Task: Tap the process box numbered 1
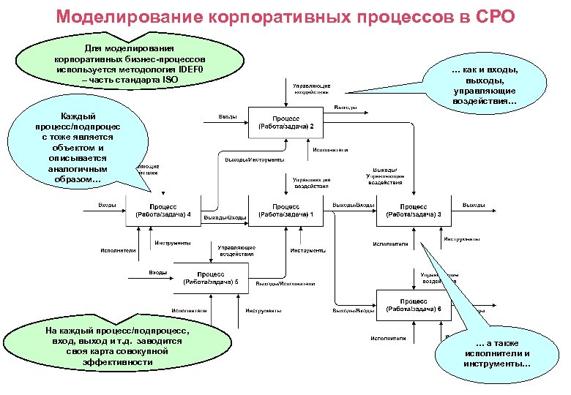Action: pyautogui.click(x=286, y=211)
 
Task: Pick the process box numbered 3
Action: pyautogui.click(x=414, y=211)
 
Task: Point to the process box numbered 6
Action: pyautogui.click(x=414, y=305)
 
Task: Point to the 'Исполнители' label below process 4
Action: pyautogui.click(x=118, y=250)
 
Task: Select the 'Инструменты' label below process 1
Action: pyautogui.click(x=307, y=250)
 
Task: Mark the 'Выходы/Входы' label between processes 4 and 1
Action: pyautogui.click(x=224, y=218)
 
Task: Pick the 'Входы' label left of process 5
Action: pyautogui.click(x=157, y=272)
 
